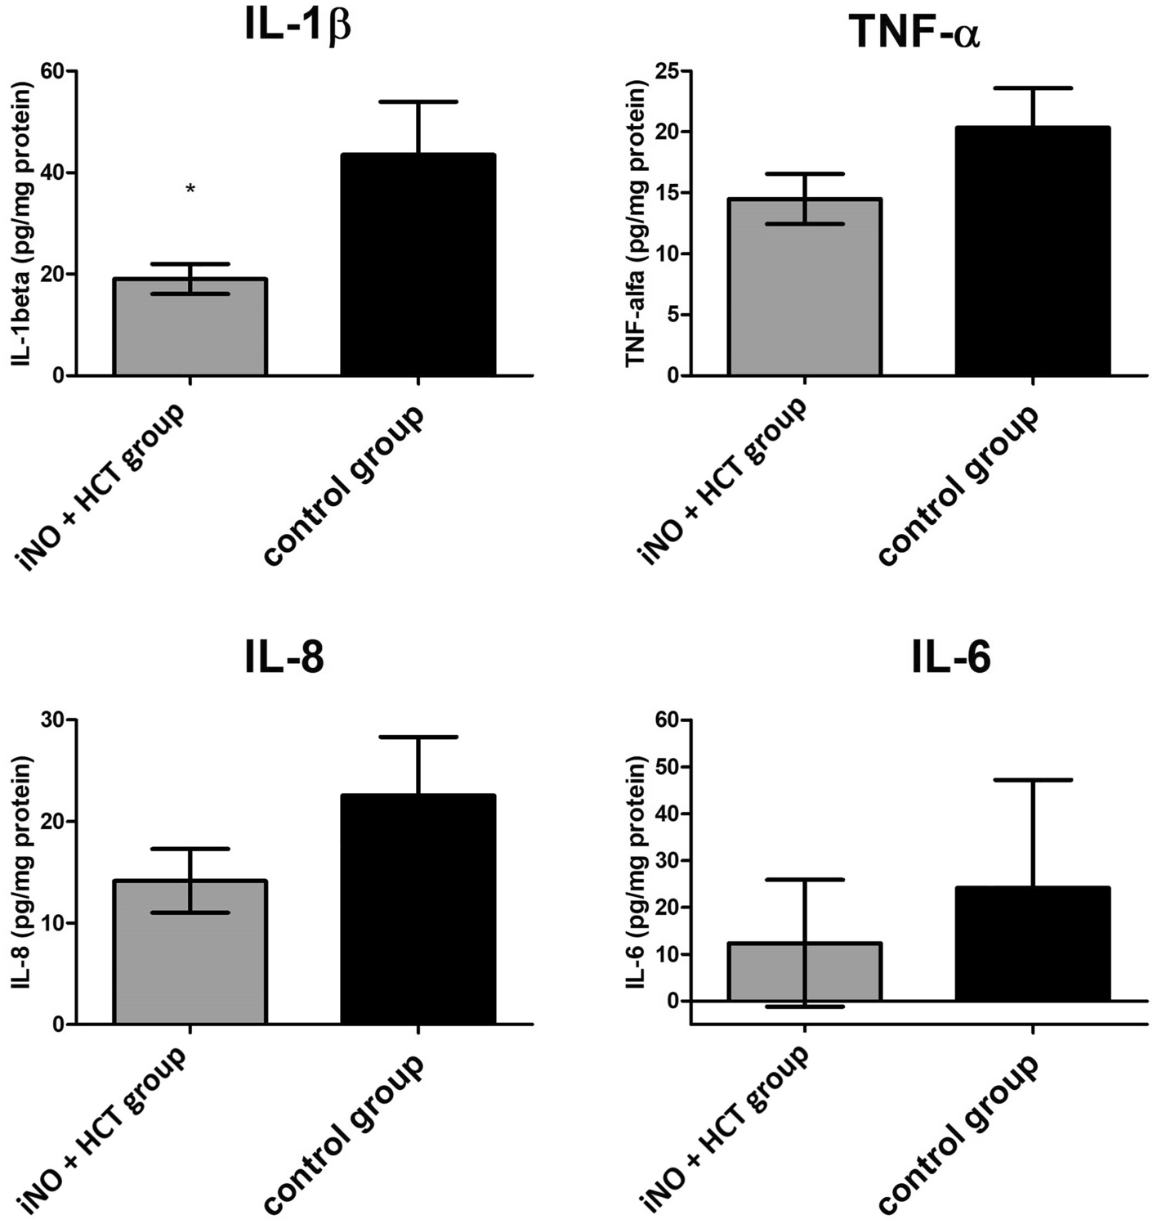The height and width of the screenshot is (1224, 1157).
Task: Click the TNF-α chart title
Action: tap(914, 33)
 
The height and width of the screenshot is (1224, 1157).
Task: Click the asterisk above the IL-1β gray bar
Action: tap(190, 190)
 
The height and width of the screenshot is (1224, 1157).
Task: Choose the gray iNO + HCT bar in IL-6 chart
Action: tap(805, 972)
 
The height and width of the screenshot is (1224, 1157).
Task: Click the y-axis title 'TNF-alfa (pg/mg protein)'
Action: tap(636, 223)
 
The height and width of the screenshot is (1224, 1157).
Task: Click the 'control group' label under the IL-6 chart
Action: tap(958, 1132)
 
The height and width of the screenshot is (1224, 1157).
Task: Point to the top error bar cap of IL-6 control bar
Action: tap(1033, 780)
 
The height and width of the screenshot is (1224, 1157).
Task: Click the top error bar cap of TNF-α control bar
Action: tap(1033, 87)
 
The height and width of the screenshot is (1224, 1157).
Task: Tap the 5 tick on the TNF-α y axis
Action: tap(672, 315)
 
